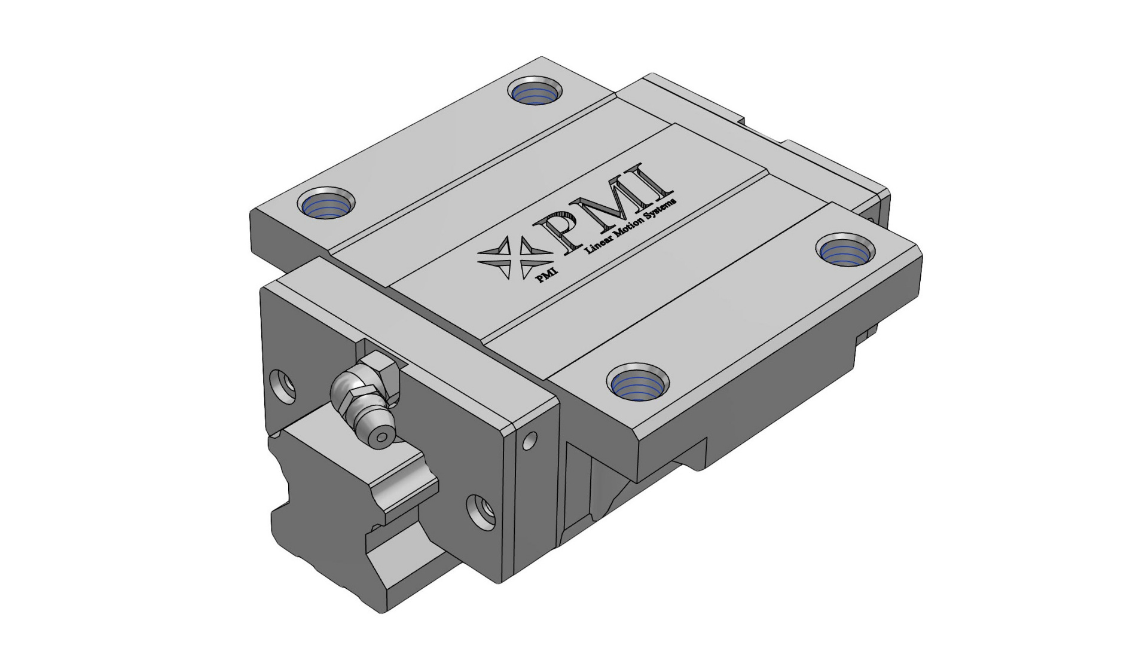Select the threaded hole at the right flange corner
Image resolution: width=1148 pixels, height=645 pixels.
click(844, 250)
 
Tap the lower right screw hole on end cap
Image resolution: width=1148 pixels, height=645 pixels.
click(482, 512)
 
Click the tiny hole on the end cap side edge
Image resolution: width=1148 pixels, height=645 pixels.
click(527, 442)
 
